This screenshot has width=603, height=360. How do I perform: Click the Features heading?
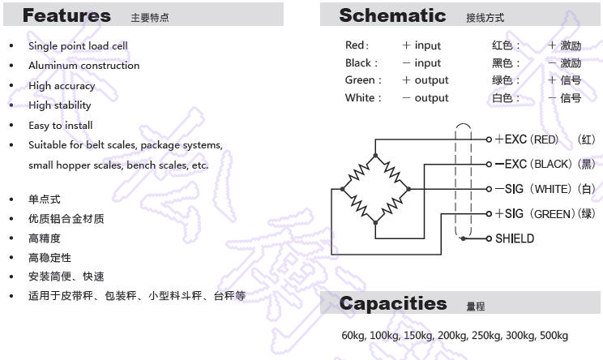pyautogui.click(x=67, y=15)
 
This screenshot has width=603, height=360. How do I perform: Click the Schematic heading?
pyautogui.click(x=392, y=15)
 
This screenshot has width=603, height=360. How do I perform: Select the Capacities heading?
pyautogui.click(x=393, y=303)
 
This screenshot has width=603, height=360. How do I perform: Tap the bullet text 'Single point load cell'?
pyautogui.click(x=78, y=46)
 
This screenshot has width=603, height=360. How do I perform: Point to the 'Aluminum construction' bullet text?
pyautogui.click(x=83, y=66)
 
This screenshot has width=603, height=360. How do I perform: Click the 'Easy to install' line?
pyautogui.click(x=60, y=126)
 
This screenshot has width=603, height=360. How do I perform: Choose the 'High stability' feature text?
pyautogui.click(x=60, y=105)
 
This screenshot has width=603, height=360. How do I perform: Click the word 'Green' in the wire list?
pyautogui.click(x=360, y=80)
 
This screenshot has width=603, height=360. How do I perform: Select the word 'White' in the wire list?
pyautogui.click(x=360, y=97)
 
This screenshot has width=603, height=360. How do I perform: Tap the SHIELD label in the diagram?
pyautogui.click(x=515, y=238)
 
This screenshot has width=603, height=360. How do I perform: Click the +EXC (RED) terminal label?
pyautogui.click(x=527, y=139)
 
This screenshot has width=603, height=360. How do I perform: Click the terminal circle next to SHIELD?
pyautogui.click(x=489, y=239)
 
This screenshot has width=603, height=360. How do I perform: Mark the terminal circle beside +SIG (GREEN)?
pyautogui.click(x=489, y=214)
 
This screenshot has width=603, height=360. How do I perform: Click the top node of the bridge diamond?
pyautogui.click(x=375, y=156)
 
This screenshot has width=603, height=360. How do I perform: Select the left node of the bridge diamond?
pyautogui.click(x=342, y=189)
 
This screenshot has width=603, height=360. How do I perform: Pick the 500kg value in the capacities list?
pyautogui.click(x=554, y=336)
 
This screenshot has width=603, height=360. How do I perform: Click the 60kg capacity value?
pyautogui.click(x=353, y=336)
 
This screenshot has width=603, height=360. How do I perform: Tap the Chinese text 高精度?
pyautogui.click(x=45, y=238)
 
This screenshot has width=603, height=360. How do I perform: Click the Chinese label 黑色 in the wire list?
pyautogui.click(x=502, y=62)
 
